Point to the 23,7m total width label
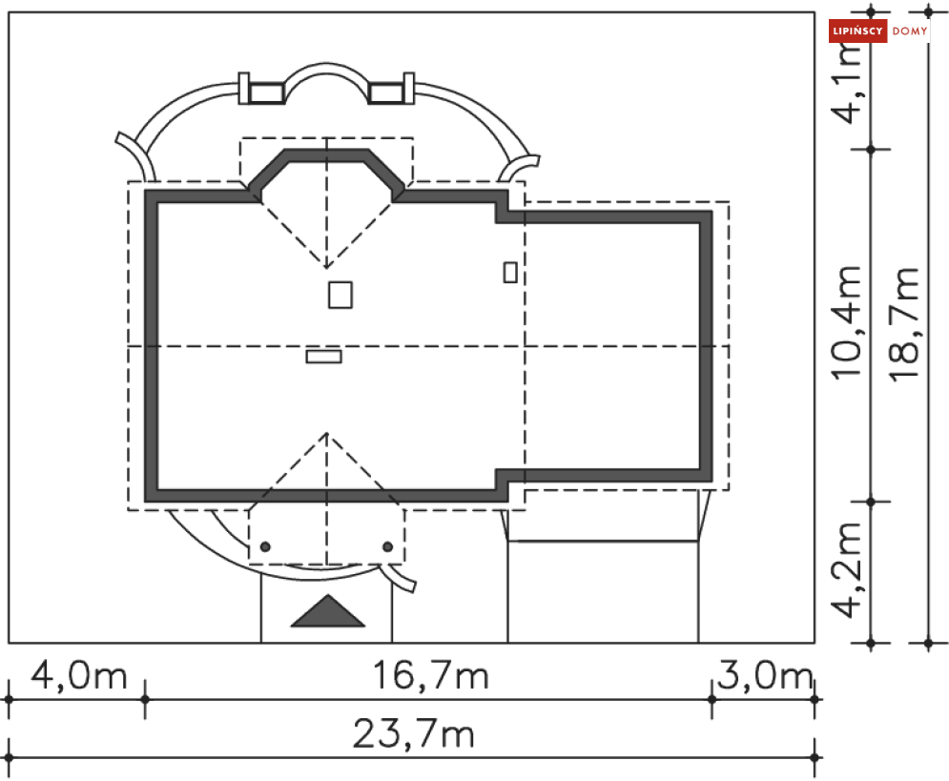click(x=413, y=734)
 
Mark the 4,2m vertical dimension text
click(x=848, y=569)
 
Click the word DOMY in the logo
click(x=910, y=31)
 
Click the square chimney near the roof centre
click(x=340, y=295)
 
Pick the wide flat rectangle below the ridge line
click(x=323, y=357)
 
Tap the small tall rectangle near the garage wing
click(x=510, y=272)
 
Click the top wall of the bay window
click(x=327, y=155)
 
